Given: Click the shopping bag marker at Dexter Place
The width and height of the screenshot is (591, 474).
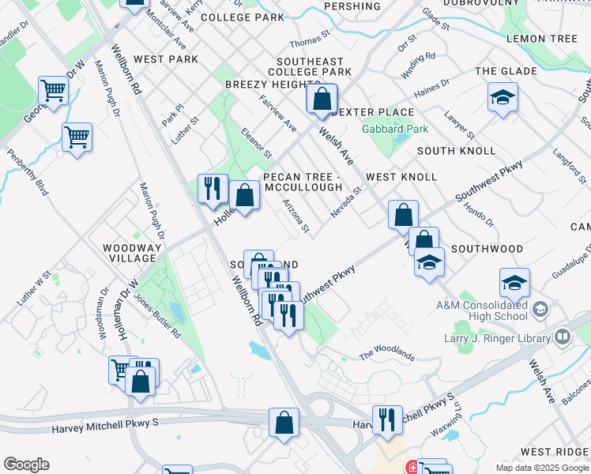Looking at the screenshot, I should (x=322, y=100).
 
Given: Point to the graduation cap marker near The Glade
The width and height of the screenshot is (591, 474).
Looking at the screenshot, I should (x=503, y=98).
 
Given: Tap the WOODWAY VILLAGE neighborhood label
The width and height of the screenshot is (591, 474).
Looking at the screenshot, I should (x=130, y=253).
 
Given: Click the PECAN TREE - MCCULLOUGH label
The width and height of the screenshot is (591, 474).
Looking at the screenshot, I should (x=303, y=182).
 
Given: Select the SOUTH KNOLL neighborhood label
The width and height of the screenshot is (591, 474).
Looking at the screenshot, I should (x=457, y=151).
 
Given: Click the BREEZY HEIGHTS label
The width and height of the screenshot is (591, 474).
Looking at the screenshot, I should (x=273, y=85).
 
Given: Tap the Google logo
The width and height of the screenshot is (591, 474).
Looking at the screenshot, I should (x=26, y=465).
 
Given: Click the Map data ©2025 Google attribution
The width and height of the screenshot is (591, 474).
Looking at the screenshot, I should (x=541, y=468).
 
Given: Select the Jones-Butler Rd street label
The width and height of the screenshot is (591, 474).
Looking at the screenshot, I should (x=157, y=317).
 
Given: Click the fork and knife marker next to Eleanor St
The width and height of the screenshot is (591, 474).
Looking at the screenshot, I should (x=212, y=189).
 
